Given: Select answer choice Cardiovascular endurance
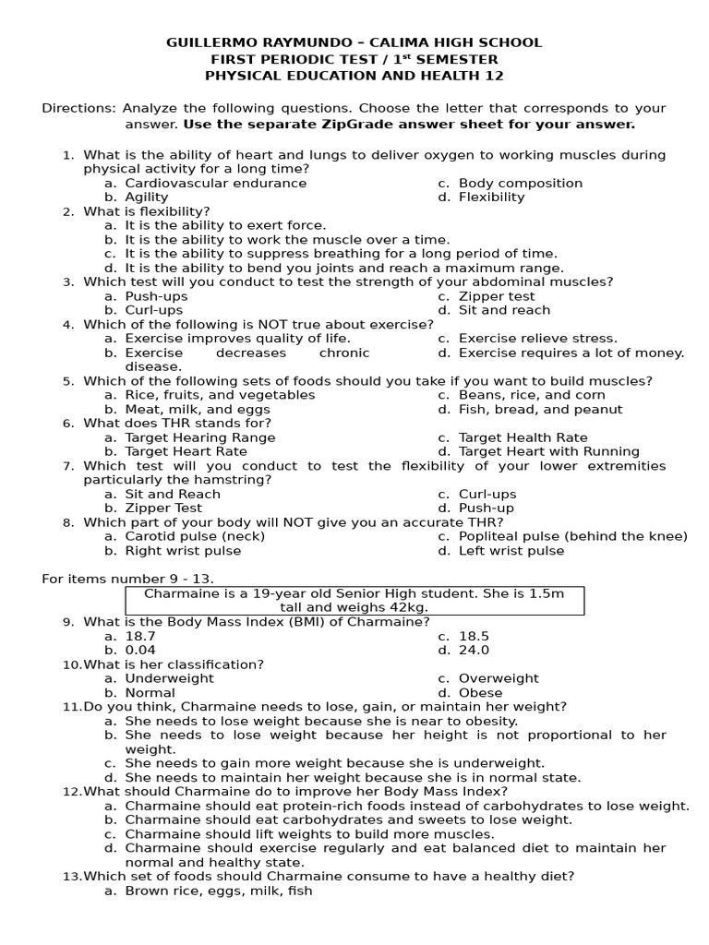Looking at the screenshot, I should click(x=215, y=183).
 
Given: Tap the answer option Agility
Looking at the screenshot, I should click(x=147, y=197).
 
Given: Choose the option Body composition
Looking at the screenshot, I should click(x=520, y=183).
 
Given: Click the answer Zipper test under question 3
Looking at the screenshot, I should click(x=497, y=296).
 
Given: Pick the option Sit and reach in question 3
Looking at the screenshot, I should click(x=504, y=310).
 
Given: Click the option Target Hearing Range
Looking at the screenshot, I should click(x=199, y=437).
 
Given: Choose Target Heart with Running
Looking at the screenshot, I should click(x=548, y=451).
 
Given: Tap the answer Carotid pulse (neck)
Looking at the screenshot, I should click(x=195, y=536).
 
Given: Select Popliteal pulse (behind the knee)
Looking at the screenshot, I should click(x=572, y=536).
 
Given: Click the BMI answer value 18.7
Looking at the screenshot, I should click(x=140, y=636).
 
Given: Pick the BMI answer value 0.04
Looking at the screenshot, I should click(x=140, y=650).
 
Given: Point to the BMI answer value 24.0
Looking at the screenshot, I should click(x=475, y=650).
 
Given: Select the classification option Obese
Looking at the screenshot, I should click(x=480, y=692).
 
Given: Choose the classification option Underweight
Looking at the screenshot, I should click(x=169, y=678).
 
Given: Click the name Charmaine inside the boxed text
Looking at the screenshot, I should click(x=176, y=593).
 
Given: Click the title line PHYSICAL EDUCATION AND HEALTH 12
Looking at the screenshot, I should click(x=354, y=76).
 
